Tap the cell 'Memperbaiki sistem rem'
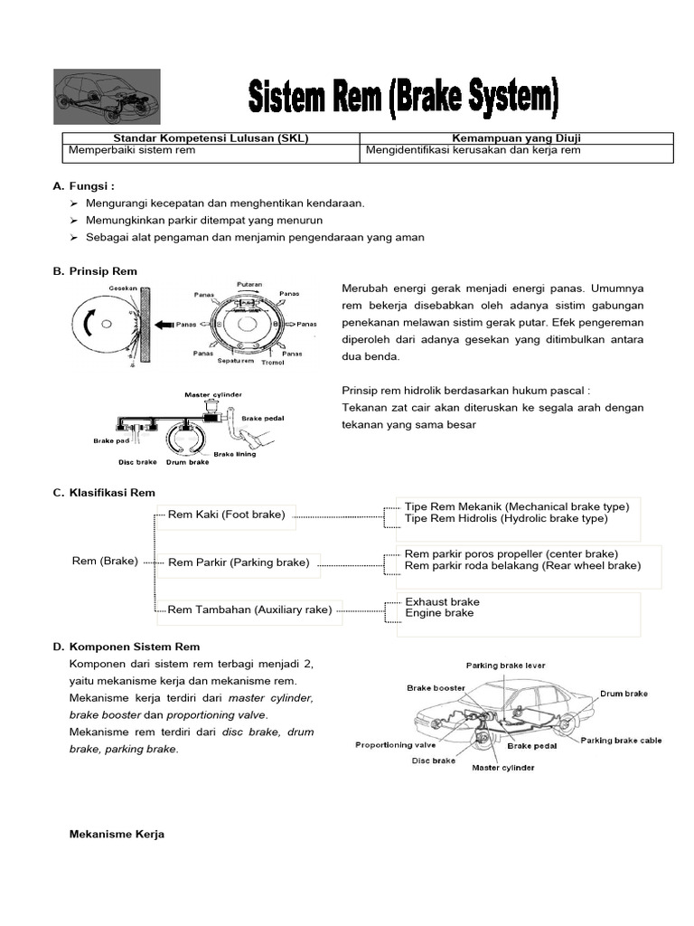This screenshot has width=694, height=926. click(x=129, y=150)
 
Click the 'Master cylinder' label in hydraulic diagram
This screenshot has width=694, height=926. click(x=212, y=394)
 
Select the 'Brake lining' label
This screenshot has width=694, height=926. click(x=234, y=454)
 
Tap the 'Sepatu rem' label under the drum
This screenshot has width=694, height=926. click(x=235, y=360)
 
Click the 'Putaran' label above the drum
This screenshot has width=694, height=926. click(x=249, y=284)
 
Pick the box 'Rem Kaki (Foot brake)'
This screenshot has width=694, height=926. click(x=226, y=515)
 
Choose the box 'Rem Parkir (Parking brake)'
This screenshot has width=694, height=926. click(x=239, y=562)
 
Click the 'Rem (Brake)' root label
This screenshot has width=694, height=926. click(x=105, y=561)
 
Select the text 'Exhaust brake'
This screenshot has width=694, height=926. click(x=442, y=601)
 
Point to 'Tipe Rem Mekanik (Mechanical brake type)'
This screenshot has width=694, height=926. click(x=516, y=506)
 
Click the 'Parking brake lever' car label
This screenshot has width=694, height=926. click(x=505, y=666)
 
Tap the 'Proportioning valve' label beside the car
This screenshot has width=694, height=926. click(x=395, y=745)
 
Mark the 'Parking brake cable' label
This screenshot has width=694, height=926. click(x=621, y=740)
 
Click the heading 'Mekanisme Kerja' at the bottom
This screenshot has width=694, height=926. click(x=117, y=836)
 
